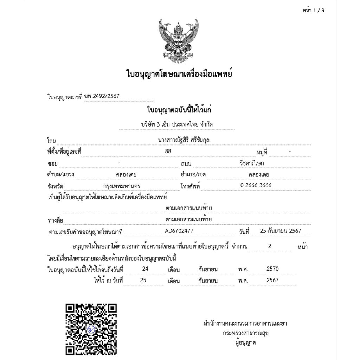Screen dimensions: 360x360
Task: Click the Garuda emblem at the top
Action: [x=178, y=40]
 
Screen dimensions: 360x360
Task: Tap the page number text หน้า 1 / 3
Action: [x=313, y=10]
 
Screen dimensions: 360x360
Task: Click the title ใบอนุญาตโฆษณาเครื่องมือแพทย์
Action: [x=179, y=74]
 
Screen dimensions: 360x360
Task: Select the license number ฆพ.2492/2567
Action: [x=104, y=96]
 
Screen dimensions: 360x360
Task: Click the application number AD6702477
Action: [x=179, y=231]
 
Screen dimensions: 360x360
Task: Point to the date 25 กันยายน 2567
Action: [x=280, y=231]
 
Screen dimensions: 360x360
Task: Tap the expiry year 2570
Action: [x=272, y=269]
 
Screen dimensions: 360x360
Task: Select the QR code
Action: [x=91, y=329]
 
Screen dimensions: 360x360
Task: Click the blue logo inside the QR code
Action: [x=91, y=329]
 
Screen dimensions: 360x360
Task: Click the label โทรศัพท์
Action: [x=190, y=186]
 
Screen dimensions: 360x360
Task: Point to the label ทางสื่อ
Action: [x=55, y=220]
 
